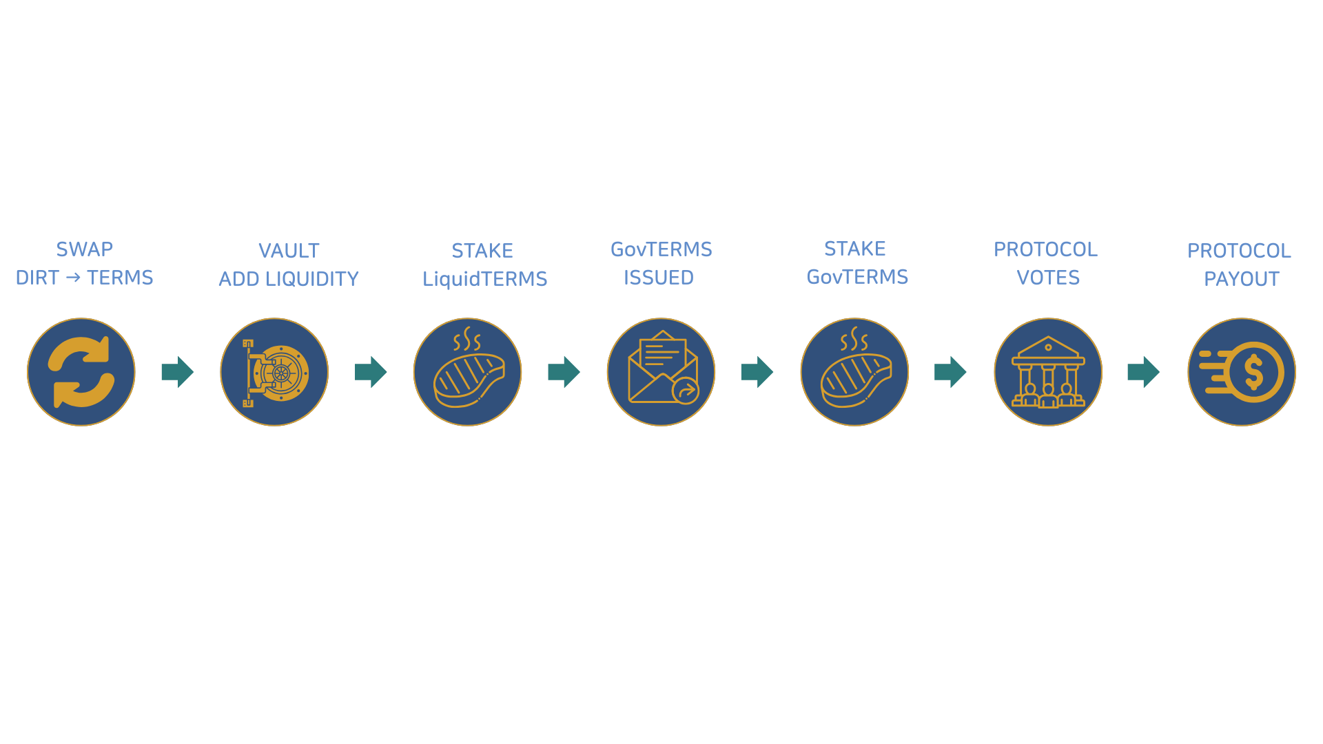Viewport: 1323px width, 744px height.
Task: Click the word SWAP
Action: click(85, 249)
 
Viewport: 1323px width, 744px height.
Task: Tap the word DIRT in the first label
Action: click(37, 278)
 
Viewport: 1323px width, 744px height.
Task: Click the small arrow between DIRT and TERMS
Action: click(73, 278)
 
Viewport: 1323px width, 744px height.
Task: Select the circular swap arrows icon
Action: click(81, 372)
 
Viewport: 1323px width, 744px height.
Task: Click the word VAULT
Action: click(289, 251)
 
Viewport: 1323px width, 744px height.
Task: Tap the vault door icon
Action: click(274, 372)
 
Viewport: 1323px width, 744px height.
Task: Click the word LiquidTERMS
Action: click(484, 279)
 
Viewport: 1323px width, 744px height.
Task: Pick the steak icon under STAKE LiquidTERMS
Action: click(468, 372)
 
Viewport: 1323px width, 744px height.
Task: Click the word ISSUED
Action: click(659, 278)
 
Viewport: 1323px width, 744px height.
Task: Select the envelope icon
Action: click(661, 372)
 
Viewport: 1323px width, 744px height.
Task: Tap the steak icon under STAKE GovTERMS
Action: click(854, 372)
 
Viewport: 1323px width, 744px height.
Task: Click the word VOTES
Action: click(1048, 278)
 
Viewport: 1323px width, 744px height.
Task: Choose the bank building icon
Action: click(1048, 372)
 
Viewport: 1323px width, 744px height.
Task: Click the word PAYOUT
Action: click(1242, 279)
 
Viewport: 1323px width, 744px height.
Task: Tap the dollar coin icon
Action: click(1242, 372)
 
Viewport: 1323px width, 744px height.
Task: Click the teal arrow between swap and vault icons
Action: click(178, 372)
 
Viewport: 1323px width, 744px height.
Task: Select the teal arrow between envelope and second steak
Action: click(757, 372)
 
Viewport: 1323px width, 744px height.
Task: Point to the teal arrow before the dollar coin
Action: click(1144, 372)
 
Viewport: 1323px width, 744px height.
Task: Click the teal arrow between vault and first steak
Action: click(371, 372)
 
